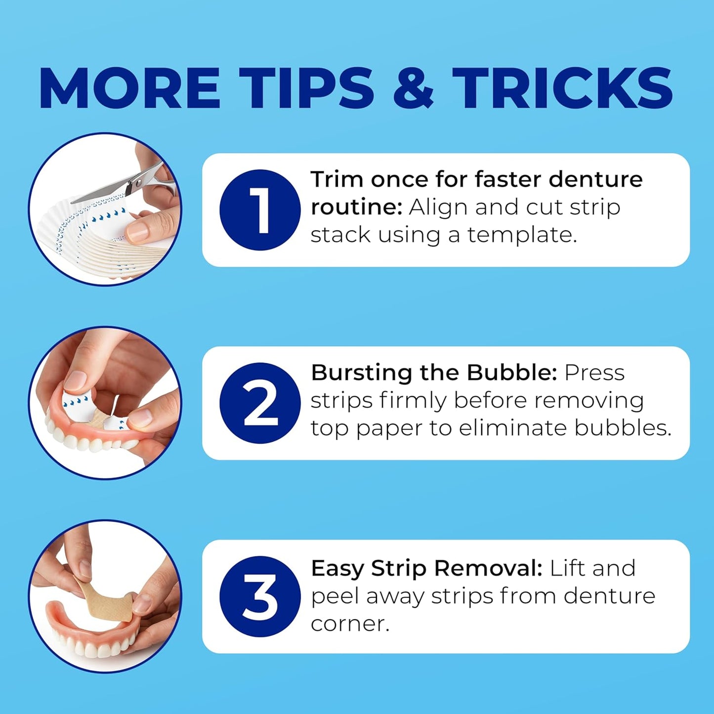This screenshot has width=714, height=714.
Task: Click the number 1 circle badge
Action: click(x=260, y=210)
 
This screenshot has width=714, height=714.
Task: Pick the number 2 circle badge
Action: click(x=260, y=403)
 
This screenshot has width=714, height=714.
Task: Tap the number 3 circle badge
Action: click(x=260, y=596)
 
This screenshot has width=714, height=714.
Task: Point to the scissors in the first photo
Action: click(x=126, y=183)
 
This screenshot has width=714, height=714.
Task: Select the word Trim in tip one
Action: click(x=337, y=179)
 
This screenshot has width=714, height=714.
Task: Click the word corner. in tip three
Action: click(x=350, y=625)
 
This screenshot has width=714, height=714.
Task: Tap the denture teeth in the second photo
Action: click(x=89, y=438)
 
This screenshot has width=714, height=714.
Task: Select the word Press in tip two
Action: click(x=594, y=373)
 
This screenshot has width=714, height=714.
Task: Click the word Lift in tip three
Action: click(x=566, y=568)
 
